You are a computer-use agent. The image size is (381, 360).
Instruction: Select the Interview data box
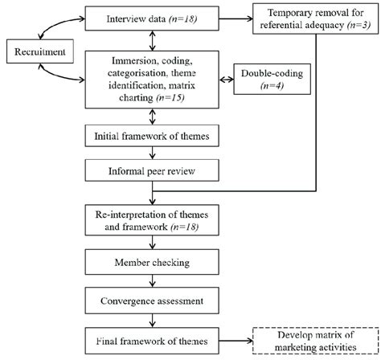[x=153, y=16]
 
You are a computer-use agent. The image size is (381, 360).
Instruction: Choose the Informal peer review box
[x=153, y=170]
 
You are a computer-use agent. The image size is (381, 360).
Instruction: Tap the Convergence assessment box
[x=153, y=303]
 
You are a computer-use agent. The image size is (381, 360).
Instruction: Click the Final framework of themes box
[x=153, y=339]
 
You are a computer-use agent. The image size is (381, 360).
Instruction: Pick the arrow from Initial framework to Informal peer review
[x=153, y=153]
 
